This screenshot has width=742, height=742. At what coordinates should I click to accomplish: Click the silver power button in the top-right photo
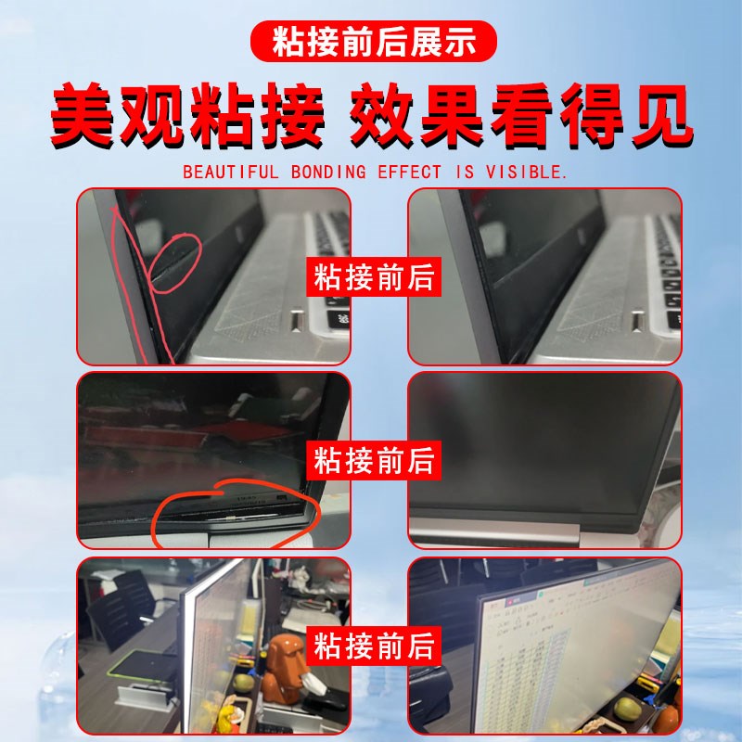click(637, 321)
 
